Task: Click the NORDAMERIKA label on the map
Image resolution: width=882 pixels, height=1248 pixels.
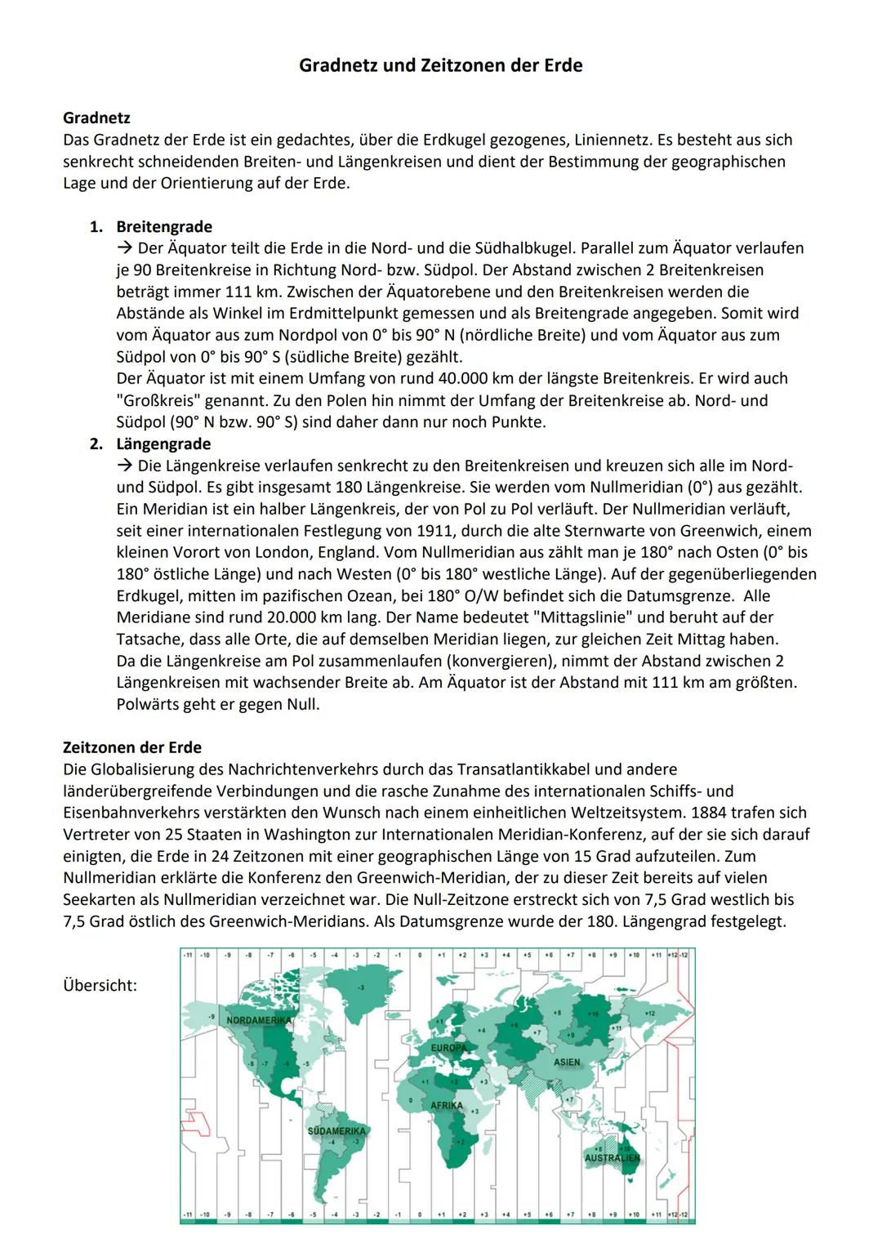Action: pyautogui.click(x=259, y=1021)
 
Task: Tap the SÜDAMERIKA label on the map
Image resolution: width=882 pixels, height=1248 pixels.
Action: pyautogui.click(x=337, y=1130)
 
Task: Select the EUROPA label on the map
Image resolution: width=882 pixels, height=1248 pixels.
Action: pyautogui.click(x=448, y=1047)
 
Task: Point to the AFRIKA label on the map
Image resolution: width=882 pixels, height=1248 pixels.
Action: pyautogui.click(x=447, y=1105)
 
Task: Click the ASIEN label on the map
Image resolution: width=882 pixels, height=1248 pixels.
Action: pyautogui.click(x=567, y=1063)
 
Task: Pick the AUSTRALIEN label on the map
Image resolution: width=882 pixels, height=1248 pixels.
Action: pyautogui.click(x=612, y=1158)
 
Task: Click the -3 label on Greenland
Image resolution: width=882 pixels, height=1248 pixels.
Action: pyautogui.click(x=361, y=987)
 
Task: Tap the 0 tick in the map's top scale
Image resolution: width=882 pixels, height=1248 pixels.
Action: pyautogui.click(x=419, y=954)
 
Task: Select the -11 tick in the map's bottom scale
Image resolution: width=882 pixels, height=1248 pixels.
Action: pyautogui.click(x=188, y=1215)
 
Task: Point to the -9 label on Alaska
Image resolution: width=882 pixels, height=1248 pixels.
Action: pyautogui.click(x=211, y=1017)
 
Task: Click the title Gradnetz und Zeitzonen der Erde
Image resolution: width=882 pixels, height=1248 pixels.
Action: pyautogui.click(x=440, y=65)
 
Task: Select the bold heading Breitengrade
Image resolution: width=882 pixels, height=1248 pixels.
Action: pyautogui.click(x=164, y=226)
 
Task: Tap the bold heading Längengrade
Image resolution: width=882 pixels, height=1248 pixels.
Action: pyautogui.click(x=163, y=443)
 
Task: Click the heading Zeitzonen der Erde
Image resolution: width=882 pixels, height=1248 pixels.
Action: pyautogui.click(x=132, y=747)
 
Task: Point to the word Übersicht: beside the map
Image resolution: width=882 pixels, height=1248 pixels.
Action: pyautogui.click(x=100, y=985)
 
